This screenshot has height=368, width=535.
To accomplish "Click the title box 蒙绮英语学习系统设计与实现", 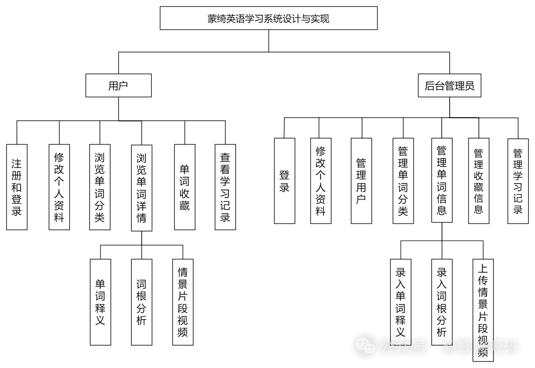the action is pos(268,18).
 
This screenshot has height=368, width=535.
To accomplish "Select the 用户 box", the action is pos(118,86).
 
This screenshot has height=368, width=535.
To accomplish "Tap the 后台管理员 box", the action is pos(449,86).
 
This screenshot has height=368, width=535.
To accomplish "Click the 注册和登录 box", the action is pos(17,187).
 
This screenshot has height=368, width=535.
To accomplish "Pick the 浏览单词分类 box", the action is pos(100,187).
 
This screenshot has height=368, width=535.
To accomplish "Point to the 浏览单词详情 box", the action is pos(142,188).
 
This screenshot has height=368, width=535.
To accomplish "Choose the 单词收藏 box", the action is pos(184,187).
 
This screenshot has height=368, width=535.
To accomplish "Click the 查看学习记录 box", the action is pos(225,187).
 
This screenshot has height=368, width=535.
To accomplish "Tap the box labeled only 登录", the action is pos(284,181).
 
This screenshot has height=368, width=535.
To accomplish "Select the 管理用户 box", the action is pos(361,181).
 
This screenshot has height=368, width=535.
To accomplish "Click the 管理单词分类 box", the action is pos(403,181).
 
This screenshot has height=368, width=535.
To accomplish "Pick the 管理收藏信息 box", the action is pos(479,181).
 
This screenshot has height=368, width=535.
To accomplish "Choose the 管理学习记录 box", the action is pos(518,181).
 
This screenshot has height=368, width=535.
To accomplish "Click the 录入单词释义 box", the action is pos(400,302).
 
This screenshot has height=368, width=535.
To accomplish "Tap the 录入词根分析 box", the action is pos(441,302).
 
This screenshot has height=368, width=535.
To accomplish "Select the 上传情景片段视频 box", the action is pos(482,310).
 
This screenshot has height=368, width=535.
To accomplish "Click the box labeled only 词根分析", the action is pos(142,302).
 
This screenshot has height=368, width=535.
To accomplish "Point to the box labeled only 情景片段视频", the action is pos(183,302).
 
